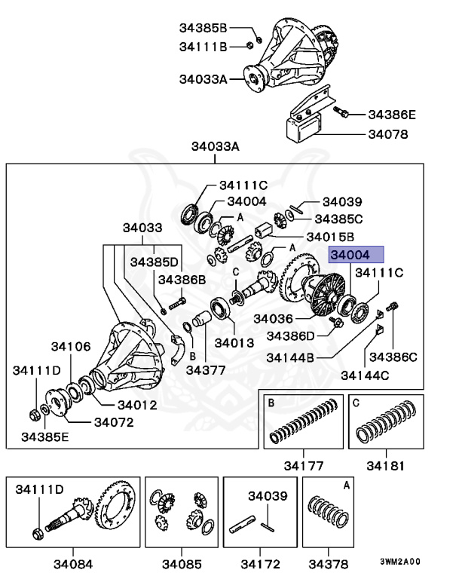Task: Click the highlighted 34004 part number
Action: (356, 255)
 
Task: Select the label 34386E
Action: (391, 115)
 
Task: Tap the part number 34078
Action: (387, 136)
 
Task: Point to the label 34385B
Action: (203, 28)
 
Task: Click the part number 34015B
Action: (338, 237)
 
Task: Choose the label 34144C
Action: (365, 375)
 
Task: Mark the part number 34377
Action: (206, 370)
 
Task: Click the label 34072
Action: (114, 421)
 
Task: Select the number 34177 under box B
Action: (299, 465)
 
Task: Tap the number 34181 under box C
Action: (386, 465)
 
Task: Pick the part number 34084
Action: (72, 563)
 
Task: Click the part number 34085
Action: (181, 563)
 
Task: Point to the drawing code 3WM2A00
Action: (400, 562)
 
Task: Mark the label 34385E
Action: (44, 437)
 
